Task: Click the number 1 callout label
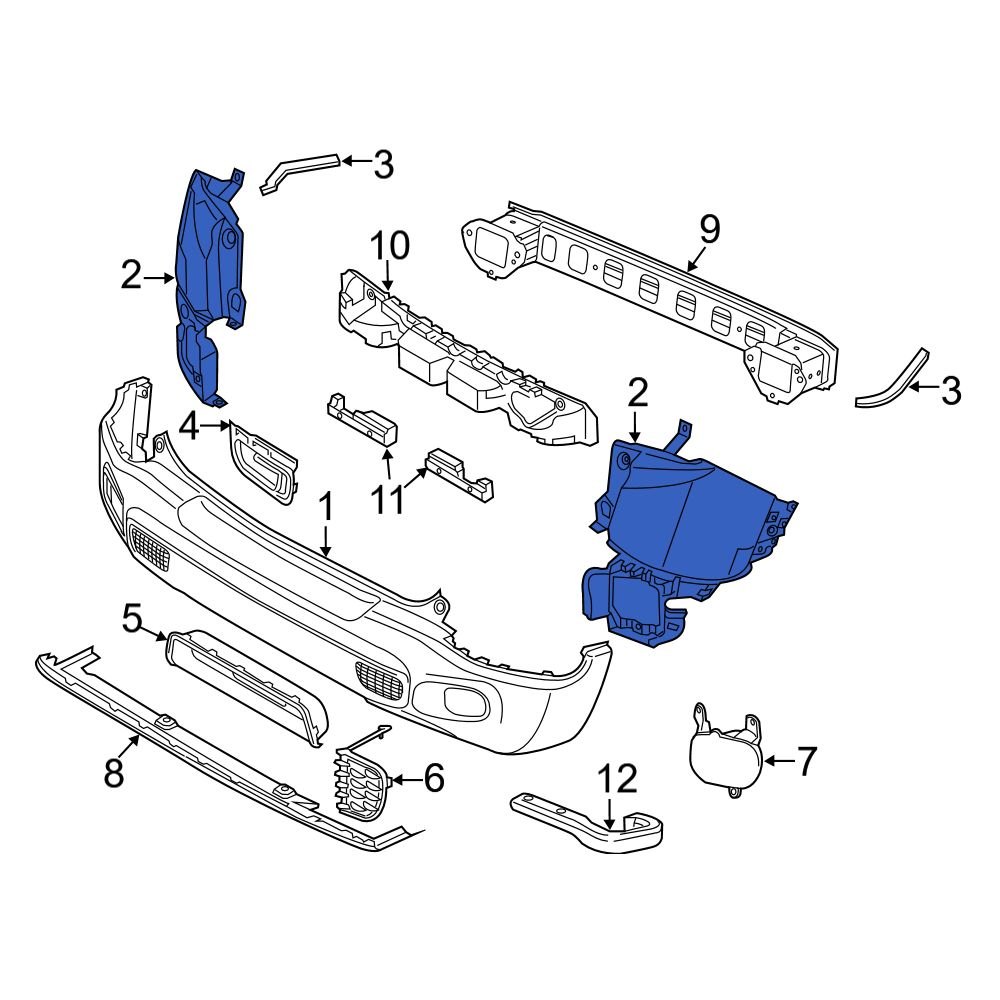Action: pos(326,506)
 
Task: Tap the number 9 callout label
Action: pos(708,229)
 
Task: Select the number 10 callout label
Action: pos(389,246)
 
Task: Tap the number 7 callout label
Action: pos(805,761)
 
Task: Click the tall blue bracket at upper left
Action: pos(208,280)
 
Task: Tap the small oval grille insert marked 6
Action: pos(360,785)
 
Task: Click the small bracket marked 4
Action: pos(265,460)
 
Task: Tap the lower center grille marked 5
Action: pos(245,680)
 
